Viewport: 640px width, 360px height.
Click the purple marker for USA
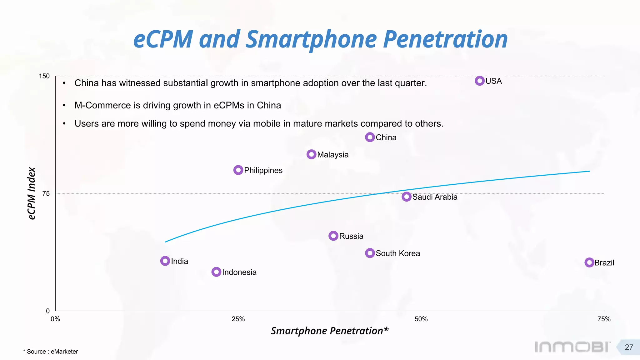point(479,81)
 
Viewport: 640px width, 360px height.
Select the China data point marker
point(370,137)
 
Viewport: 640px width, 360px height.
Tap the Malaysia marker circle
point(311,154)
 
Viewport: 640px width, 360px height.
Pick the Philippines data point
point(238,170)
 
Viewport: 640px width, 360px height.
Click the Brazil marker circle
point(589,262)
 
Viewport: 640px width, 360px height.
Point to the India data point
point(165,261)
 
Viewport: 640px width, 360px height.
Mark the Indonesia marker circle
point(216,272)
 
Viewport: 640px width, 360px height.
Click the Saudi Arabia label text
point(435,197)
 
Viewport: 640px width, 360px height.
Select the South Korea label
point(397,253)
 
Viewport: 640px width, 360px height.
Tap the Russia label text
point(351,236)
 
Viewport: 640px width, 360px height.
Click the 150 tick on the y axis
point(44,76)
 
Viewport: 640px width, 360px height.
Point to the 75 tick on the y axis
point(46,194)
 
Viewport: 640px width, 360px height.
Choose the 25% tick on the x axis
point(238,319)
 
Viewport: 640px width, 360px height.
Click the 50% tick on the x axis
point(421,319)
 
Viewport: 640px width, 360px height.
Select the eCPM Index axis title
point(32,193)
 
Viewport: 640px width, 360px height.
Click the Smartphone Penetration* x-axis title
point(330,331)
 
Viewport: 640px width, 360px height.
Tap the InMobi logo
point(572,347)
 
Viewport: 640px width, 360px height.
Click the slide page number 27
point(629,347)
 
